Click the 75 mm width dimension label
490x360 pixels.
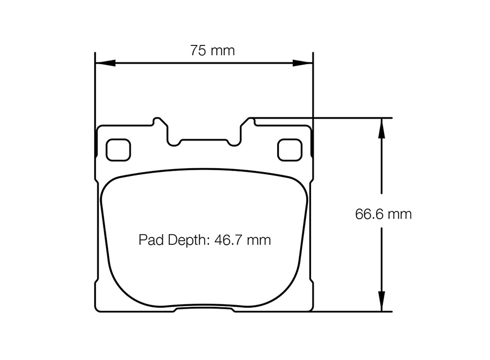(x=212, y=50)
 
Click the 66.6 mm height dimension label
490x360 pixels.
(x=383, y=214)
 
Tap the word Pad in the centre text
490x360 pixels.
(x=150, y=240)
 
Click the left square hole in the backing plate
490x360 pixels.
(x=118, y=150)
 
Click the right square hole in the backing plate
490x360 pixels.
(x=290, y=150)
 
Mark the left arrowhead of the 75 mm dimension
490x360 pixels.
(x=105, y=63)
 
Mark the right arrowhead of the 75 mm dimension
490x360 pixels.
(x=302, y=63)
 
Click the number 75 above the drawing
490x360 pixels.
(x=199, y=50)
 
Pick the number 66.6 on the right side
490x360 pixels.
(x=368, y=214)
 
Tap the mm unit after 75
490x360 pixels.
(x=224, y=50)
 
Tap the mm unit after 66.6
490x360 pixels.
(x=400, y=214)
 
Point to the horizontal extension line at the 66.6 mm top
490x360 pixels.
(x=335, y=118)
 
